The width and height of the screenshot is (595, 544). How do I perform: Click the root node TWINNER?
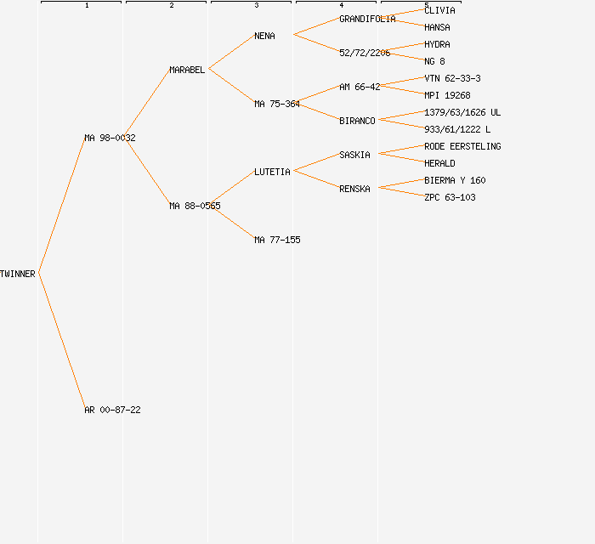[18, 274]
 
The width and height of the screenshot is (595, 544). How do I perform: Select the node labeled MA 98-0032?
[110, 138]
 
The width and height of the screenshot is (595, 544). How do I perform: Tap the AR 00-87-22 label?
[112, 410]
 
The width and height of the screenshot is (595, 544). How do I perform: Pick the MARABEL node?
[187, 70]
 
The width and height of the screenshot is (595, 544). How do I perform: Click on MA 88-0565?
[195, 206]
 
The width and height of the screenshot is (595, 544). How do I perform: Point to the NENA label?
[264, 36]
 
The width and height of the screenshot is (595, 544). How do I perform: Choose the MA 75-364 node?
[277, 104]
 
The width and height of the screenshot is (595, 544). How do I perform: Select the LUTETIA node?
[272, 172]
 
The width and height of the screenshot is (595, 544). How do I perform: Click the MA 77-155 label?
[277, 240]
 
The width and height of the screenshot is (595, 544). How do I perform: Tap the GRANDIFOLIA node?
[367, 19]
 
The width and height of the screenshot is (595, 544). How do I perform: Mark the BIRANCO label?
[357, 121]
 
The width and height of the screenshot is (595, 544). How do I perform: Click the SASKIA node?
[354, 155]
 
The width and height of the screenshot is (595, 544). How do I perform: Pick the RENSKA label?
[354, 189]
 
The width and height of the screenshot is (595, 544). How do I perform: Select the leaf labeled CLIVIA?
[439, 10]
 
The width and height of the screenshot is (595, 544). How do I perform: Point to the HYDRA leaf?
[437, 44]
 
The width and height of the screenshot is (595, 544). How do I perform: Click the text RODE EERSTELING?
[462, 146]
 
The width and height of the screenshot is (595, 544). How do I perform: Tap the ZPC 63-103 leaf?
[450, 197]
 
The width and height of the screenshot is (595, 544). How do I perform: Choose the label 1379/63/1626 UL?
[462, 112]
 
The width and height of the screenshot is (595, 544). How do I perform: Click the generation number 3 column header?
[257, 5]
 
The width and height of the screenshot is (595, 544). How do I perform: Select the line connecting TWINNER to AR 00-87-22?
[61, 340]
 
